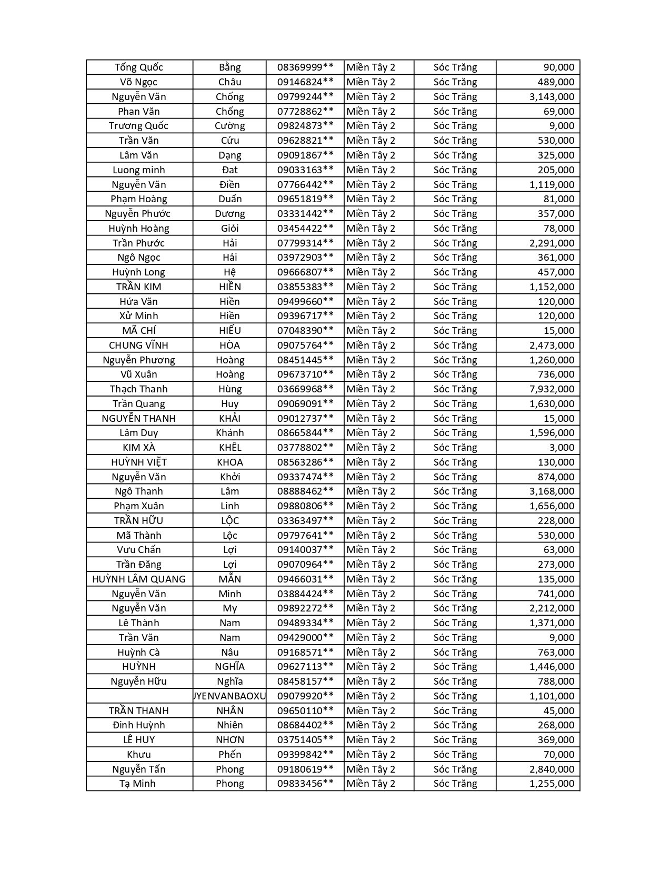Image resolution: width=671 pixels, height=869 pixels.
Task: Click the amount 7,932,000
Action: click(x=552, y=389)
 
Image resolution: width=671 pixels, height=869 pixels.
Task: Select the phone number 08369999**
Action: click(x=305, y=67)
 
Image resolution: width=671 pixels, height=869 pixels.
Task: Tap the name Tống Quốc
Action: click(x=139, y=67)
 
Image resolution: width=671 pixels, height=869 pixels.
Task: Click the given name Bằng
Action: click(x=229, y=67)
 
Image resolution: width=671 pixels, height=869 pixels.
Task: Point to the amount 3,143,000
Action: click(x=552, y=97)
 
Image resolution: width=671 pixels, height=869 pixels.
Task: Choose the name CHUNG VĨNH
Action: click(x=139, y=345)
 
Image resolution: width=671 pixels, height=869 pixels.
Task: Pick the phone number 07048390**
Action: click(x=305, y=331)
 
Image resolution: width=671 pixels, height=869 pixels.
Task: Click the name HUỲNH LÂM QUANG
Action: click(x=139, y=579)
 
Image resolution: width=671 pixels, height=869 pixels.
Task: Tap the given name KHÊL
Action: click(x=229, y=448)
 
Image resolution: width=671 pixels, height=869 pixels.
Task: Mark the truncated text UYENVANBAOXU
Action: click(x=229, y=696)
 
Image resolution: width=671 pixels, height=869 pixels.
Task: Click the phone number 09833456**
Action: click(x=305, y=784)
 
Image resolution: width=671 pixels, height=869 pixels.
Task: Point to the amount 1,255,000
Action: click(x=552, y=784)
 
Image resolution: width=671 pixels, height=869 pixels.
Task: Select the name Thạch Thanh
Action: click(x=139, y=389)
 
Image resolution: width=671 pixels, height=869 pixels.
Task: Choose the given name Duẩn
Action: click(x=229, y=199)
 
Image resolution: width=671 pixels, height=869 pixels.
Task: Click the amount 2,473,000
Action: click(x=552, y=345)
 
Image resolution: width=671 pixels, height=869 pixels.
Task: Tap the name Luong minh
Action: click(x=139, y=170)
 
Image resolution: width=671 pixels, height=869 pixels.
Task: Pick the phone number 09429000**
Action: click(x=305, y=638)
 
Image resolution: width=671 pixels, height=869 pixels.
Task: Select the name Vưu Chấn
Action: click(x=139, y=550)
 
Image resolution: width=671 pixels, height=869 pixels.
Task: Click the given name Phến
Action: click(x=229, y=755)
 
